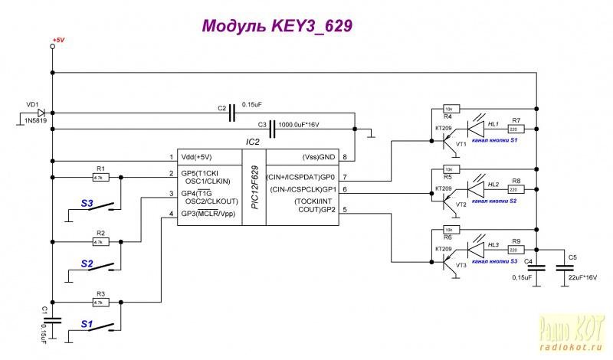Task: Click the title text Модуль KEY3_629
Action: tap(278, 26)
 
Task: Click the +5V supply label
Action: tap(57, 39)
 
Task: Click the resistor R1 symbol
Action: tap(100, 177)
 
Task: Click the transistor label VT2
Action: tap(461, 205)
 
